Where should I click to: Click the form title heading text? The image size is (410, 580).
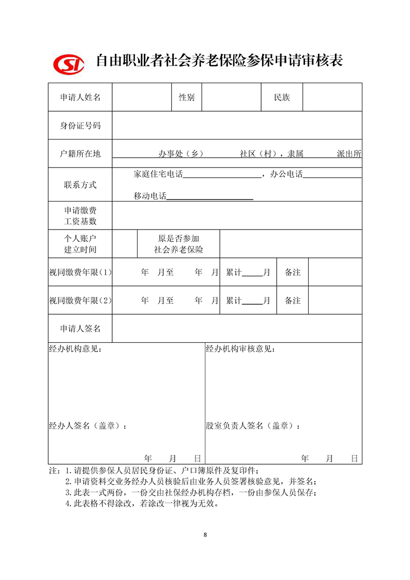(x=220, y=61)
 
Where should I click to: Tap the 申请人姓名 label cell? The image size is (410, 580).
(x=80, y=97)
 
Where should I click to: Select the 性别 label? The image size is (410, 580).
(x=187, y=97)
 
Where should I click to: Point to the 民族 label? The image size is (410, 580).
(x=282, y=97)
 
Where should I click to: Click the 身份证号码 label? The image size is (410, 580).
(x=80, y=126)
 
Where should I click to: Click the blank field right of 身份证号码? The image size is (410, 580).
(x=237, y=126)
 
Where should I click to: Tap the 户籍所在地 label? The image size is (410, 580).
(x=80, y=154)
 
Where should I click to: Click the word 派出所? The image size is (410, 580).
(x=349, y=154)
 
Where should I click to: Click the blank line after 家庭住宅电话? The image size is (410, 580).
(x=222, y=174)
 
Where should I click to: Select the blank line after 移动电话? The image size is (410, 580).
(x=209, y=196)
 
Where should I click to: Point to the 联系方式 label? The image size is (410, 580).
(x=80, y=185)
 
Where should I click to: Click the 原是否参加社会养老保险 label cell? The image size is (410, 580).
(x=178, y=244)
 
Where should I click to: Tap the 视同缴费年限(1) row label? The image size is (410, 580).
(x=80, y=272)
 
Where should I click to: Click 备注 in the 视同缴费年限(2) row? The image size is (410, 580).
(x=293, y=300)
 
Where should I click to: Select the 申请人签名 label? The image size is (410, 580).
(x=80, y=329)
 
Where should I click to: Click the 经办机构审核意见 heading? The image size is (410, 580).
(x=240, y=349)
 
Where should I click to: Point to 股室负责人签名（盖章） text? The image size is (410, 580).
(x=253, y=426)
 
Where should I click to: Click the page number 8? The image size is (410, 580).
(x=205, y=535)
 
